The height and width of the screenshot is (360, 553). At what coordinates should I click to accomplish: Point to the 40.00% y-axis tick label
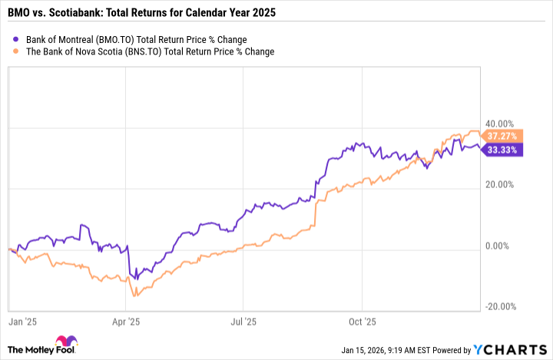click(498, 124)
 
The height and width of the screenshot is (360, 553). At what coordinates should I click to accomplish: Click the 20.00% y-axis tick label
click(498, 185)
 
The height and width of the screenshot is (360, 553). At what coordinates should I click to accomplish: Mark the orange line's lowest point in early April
click(135, 296)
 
